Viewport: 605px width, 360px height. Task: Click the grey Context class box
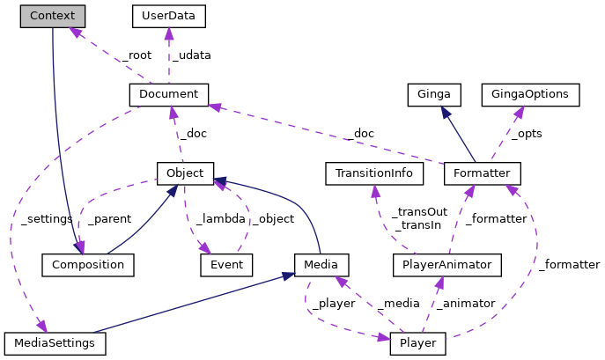click(53, 16)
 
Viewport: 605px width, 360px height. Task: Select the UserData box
click(168, 16)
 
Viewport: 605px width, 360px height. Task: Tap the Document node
click(168, 93)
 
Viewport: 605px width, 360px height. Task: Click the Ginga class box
click(435, 93)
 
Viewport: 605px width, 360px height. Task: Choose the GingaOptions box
click(530, 93)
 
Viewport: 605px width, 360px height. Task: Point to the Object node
click(185, 173)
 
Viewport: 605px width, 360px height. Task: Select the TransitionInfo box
click(374, 173)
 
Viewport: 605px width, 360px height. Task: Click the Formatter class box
click(483, 173)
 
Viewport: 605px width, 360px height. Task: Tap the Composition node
click(88, 263)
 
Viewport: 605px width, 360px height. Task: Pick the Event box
click(226, 263)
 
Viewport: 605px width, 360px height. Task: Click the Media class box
click(321, 263)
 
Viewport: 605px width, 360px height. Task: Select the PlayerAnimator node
click(447, 263)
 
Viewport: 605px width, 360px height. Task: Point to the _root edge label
click(137, 55)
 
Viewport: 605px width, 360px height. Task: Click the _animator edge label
click(466, 303)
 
